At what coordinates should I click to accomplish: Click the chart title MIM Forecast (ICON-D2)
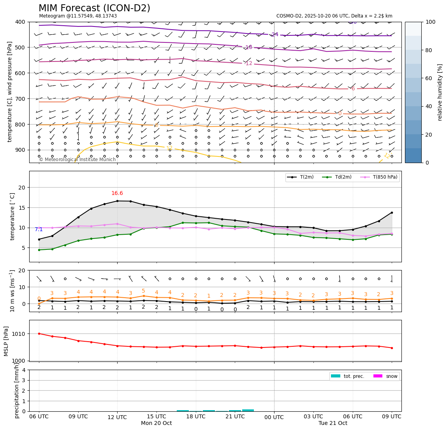coord(94,8)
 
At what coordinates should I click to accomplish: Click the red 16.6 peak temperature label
coord(117,193)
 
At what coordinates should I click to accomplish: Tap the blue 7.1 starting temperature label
coord(39,230)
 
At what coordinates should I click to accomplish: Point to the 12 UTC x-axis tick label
coord(117,417)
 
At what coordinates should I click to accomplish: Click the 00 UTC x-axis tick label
coord(274,417)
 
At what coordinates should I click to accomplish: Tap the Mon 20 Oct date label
coord(157,423)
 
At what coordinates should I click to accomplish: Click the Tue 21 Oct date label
coord(333,423)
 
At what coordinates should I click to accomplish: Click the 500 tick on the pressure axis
coord(19,47)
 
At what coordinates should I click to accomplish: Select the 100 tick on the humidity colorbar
coord(430,22)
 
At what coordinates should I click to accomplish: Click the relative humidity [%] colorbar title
coord(440,92)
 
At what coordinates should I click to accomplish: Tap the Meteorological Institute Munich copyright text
coord(77,160)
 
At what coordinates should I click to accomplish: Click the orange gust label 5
coord(143,291)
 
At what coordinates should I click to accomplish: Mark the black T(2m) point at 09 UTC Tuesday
coord(392,212)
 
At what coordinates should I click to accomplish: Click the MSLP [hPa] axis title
coord(6,340)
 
